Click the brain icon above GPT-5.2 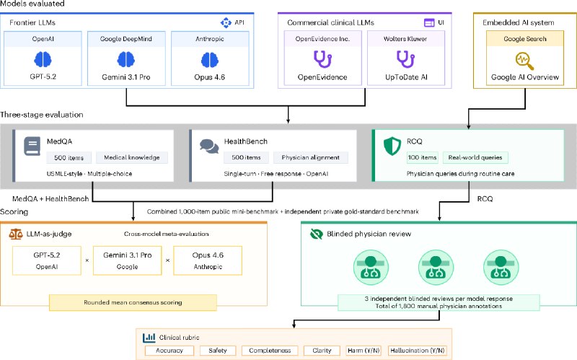43,59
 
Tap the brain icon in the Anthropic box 210,60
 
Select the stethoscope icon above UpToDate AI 405,59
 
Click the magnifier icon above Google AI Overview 525,61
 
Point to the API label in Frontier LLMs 239,22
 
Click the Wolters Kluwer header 405,39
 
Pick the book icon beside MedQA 32,146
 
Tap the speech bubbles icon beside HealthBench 209,146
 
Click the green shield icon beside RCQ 392,146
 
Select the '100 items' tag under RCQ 422,157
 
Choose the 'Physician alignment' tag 311,157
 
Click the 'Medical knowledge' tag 132,157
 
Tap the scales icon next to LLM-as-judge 16,234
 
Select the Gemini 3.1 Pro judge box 128,260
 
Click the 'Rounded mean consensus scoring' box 133,302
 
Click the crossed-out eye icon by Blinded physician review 317,234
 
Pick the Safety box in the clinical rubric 218,351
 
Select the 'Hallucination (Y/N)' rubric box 418,351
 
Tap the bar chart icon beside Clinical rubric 149,337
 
